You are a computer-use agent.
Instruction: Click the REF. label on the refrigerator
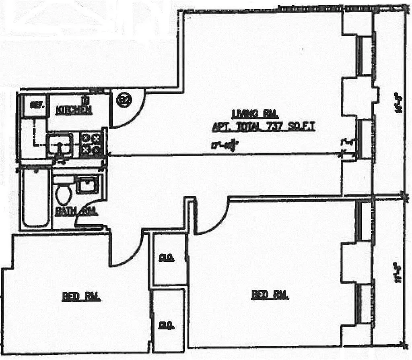[x=37, y=105]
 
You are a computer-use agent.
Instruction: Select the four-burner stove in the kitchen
[x=91, y=145]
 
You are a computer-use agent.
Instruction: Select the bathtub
[x=36, y=198]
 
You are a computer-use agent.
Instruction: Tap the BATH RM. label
[x=76, y=211]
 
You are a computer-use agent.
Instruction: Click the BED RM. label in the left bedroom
[x=81, y=297]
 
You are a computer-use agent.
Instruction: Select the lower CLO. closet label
[x=163, y=325]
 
